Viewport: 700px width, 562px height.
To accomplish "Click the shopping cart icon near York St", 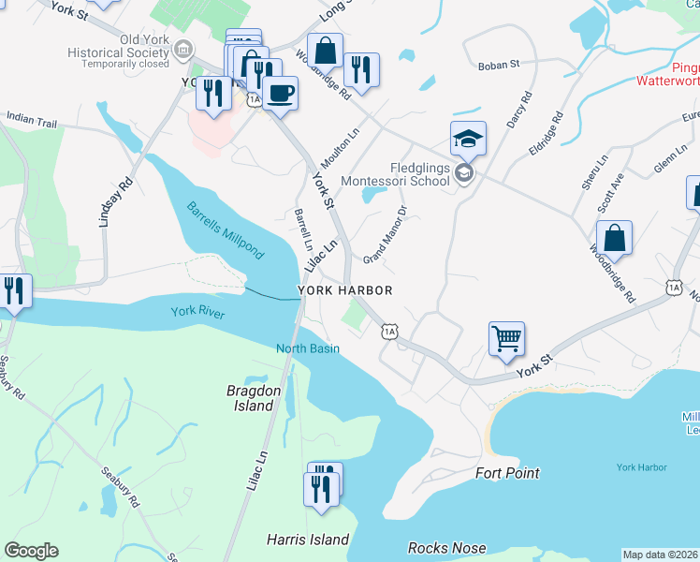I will tap(506, 337).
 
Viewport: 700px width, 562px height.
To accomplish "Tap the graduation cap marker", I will tap(468, 138).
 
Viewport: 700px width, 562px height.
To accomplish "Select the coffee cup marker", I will tap(280, 93).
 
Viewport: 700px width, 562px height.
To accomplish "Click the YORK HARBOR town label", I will tap(344, 291).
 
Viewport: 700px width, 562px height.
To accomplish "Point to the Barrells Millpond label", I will tap(225, 230).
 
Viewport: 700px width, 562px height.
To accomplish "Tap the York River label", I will tap(197, 313).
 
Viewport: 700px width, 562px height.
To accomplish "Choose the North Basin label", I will tap(307, 349).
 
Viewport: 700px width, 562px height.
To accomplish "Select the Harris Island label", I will tap(307, 540).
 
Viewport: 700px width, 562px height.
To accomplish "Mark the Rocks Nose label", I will tap(446, 548).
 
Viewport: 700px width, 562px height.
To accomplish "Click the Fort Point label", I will tap(507, 473).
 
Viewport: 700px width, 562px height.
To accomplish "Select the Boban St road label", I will tap(498, 65).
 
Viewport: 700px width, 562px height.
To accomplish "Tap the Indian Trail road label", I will tap(32, 120).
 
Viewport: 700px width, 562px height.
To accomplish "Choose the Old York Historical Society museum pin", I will tap(184, 48).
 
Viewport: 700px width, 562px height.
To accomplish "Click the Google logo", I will tap(31, 551).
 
